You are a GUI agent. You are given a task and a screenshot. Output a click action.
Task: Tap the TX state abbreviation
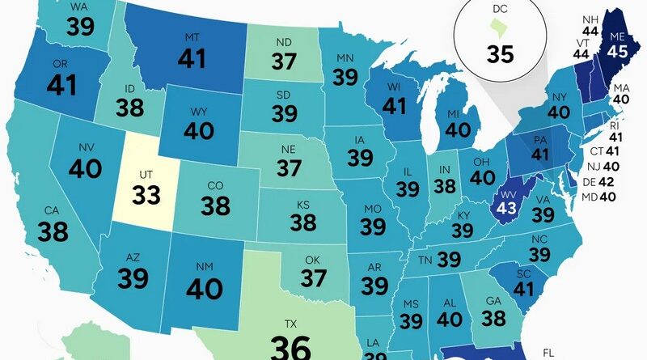tap(290, 322)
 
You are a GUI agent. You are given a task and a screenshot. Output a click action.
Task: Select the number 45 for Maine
tap(619, 73)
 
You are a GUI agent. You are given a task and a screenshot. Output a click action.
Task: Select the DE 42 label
tap(599, 182)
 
